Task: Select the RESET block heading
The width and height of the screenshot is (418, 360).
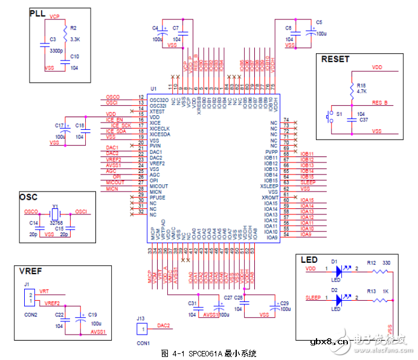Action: click(335, 59)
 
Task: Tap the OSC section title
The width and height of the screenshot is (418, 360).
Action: click(28, 198)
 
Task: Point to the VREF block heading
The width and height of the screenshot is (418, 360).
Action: click(30, 271)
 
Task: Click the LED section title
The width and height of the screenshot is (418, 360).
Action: click(309, 259)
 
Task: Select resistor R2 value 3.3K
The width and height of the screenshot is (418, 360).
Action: click(75, 39)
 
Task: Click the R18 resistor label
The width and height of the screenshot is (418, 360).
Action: click(361, 85)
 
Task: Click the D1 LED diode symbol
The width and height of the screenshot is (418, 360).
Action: click(339, 269)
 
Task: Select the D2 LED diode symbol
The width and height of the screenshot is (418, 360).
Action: click(339, 298)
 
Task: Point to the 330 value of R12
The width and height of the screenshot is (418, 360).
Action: click(387, 263)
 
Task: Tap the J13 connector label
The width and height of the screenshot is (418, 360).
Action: click(141, 318)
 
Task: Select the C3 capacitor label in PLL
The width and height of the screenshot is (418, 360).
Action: click(53, 39)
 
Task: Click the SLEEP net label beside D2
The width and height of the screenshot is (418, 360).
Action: click(313, 298)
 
